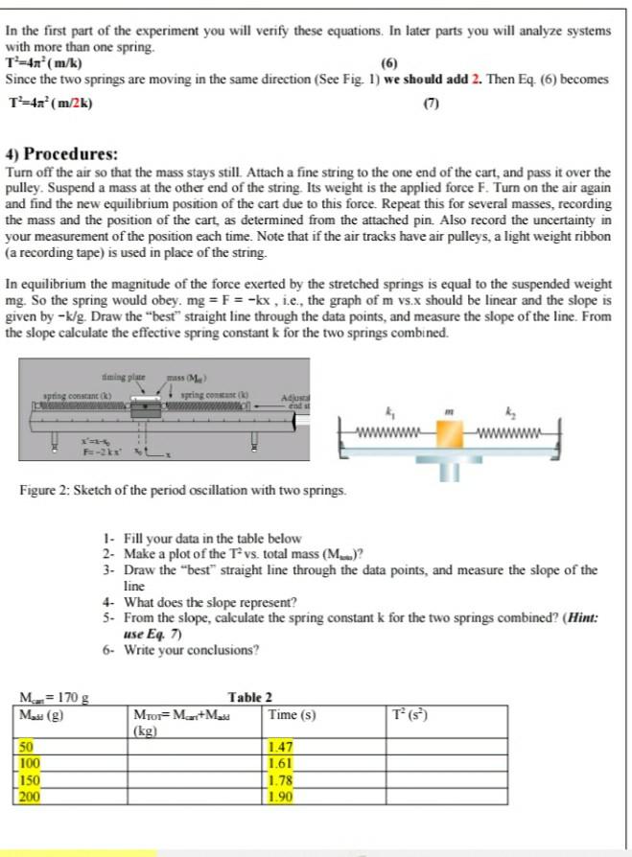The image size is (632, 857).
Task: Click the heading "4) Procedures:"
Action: pyautogui.click(x=62, y=154)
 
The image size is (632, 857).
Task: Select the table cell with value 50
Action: pyautogui.click(x=28, y=745)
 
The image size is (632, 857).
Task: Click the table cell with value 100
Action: pyautogui.click(x=31, y=761)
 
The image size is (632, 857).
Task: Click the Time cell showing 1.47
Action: pyautogui.click(x=281, y=745)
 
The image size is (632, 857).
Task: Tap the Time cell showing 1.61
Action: pyautogui.click(x=281, y=761)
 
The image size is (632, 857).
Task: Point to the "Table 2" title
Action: pyautogui.click(x=250, y=697)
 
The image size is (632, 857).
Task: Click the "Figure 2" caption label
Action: pyautogui.click(x=45, y=491)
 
